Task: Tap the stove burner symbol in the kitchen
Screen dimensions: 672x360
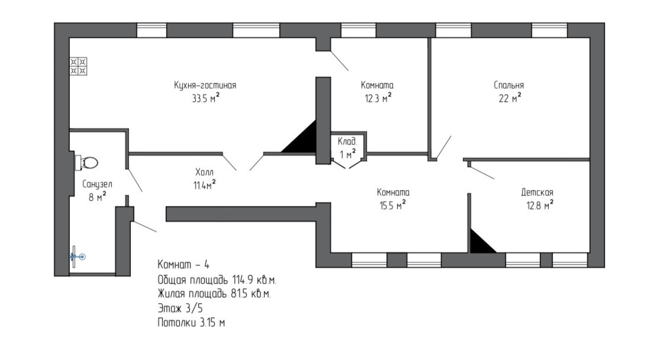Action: point(78,66)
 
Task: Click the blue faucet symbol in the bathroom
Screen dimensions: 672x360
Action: point(78,256)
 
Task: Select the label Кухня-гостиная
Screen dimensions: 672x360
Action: point(205,85)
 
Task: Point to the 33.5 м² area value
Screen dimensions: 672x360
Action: point(205,98)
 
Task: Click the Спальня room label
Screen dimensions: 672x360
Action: point(509,85)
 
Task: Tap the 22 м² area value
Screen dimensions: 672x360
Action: point(509,98)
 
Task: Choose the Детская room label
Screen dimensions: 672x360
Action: point(537,192)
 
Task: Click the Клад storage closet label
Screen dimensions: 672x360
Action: point(346,142)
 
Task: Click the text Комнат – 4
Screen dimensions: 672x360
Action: point(184,264)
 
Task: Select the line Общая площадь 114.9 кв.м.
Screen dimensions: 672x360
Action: point(217,279)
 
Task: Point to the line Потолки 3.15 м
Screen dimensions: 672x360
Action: point(191,323)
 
